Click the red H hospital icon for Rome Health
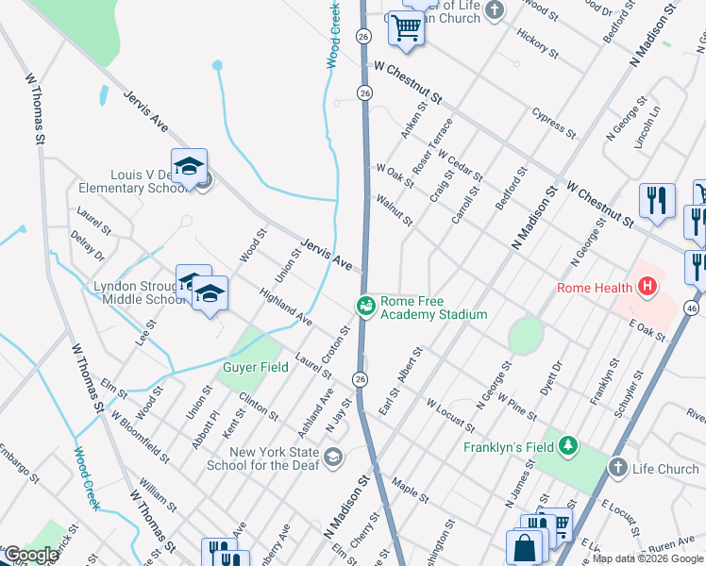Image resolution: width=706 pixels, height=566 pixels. pyautogui.click(x=647, y=286)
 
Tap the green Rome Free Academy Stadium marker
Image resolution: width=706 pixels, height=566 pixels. pyautogui.click(x=365, y=305)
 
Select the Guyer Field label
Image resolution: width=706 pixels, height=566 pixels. pyautogui.click(x=255, y=368)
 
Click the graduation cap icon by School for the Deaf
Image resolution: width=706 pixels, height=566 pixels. pyautogui.click(x=332, y=458)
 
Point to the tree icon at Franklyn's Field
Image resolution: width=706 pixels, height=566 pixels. pyautogui.click(x=568, y=444)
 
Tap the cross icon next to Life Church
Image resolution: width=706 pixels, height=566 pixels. pyautogui.click(x=617, y=467)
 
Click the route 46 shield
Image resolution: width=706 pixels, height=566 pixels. pyautogui.click(x=693, y=308)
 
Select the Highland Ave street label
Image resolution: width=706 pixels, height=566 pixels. pyautogui.click(x=286, y=307)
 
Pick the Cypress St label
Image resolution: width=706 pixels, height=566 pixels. pyautogui.click(x=553, y=122)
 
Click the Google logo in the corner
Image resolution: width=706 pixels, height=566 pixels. pyautogui.click(x=30, y=555)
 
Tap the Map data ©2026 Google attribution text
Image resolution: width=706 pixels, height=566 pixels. pyautogui.click(x=647, y=558)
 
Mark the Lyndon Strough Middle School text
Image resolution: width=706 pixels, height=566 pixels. pyautogui.click(x=130, y=293)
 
